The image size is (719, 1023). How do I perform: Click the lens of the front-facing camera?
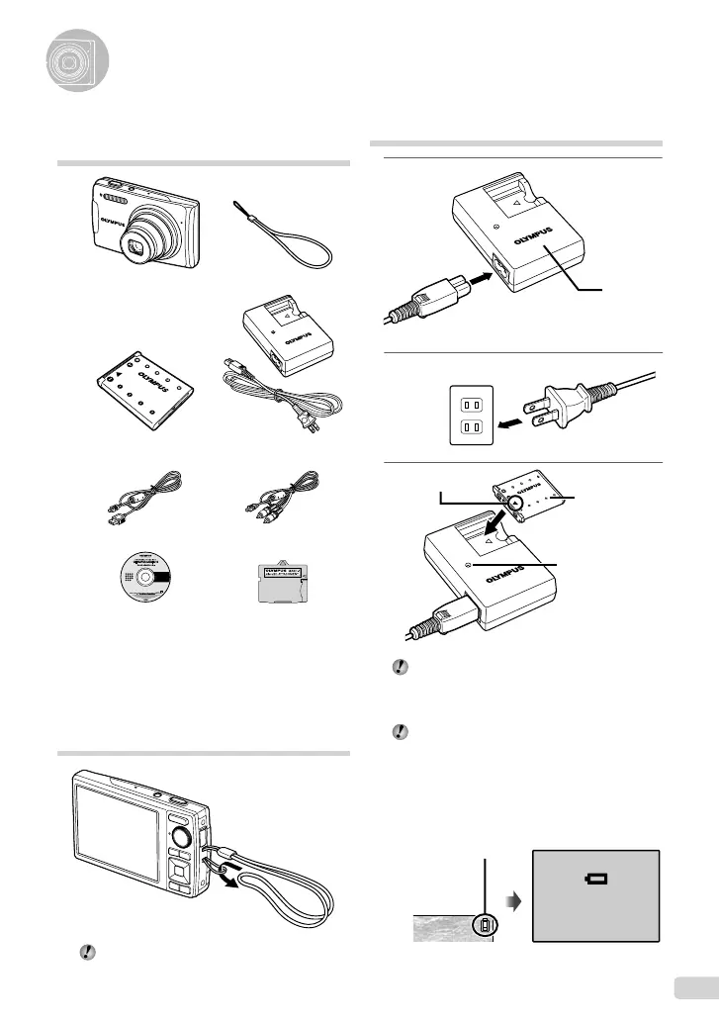158,244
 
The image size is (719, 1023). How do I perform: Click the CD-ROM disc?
142,579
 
